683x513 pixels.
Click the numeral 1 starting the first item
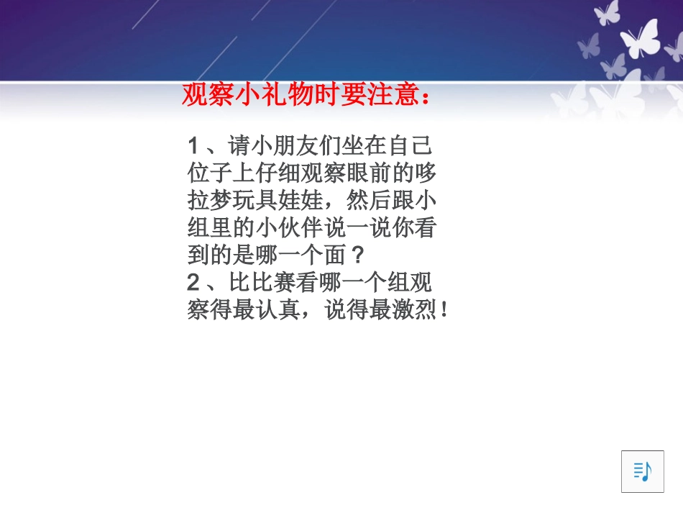pos(193,146)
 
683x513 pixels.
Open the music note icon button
pos(642,471)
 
